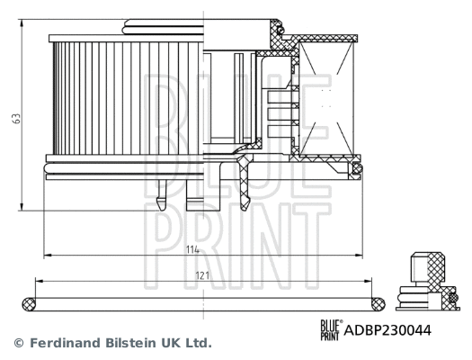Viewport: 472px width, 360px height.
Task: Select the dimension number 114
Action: pos(191,249)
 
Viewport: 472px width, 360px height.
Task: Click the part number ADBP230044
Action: pos(388,329)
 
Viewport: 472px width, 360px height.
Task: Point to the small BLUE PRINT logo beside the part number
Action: pos(331,329)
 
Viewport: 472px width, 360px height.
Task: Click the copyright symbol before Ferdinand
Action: pos(17,344)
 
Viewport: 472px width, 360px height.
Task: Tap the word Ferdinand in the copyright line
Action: pos(66,344)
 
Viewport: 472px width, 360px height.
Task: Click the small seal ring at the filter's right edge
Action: pos(357,168)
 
